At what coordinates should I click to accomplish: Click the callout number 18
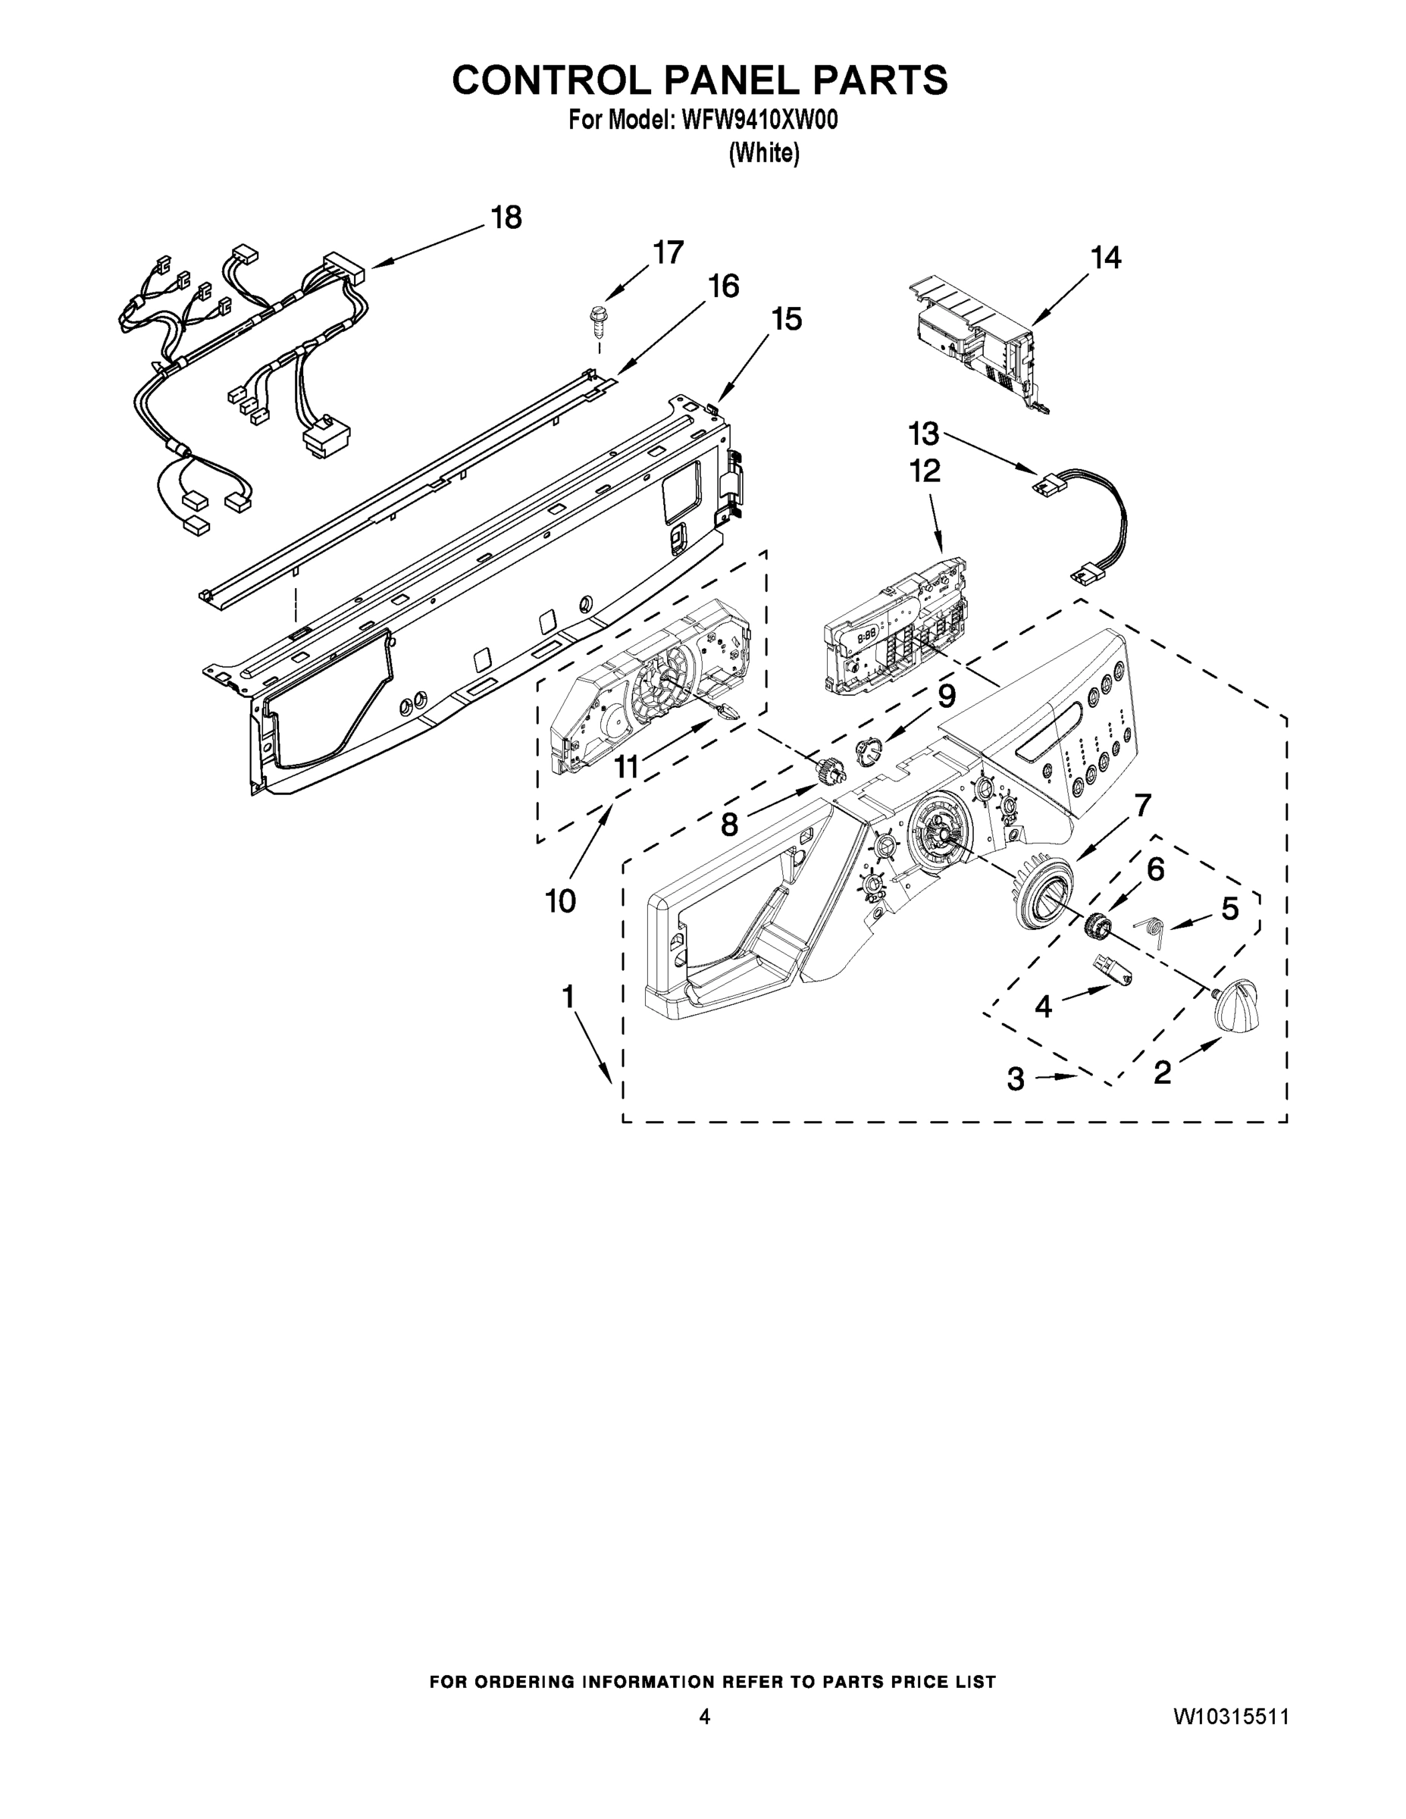[506, 218]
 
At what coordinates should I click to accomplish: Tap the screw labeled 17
[597, 321]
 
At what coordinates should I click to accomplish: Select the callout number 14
[1105, 258]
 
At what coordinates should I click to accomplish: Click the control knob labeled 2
[1235, 1010]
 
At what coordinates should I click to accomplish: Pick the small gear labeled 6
[1097, 925]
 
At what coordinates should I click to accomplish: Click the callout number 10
[561, 900]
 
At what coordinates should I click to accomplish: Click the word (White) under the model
[764, 153]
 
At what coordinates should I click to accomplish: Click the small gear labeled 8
[828, 773]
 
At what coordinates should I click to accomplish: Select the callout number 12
[925, 471]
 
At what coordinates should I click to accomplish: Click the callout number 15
[785, 319]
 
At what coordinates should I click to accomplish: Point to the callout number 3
[1016, 1079]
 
